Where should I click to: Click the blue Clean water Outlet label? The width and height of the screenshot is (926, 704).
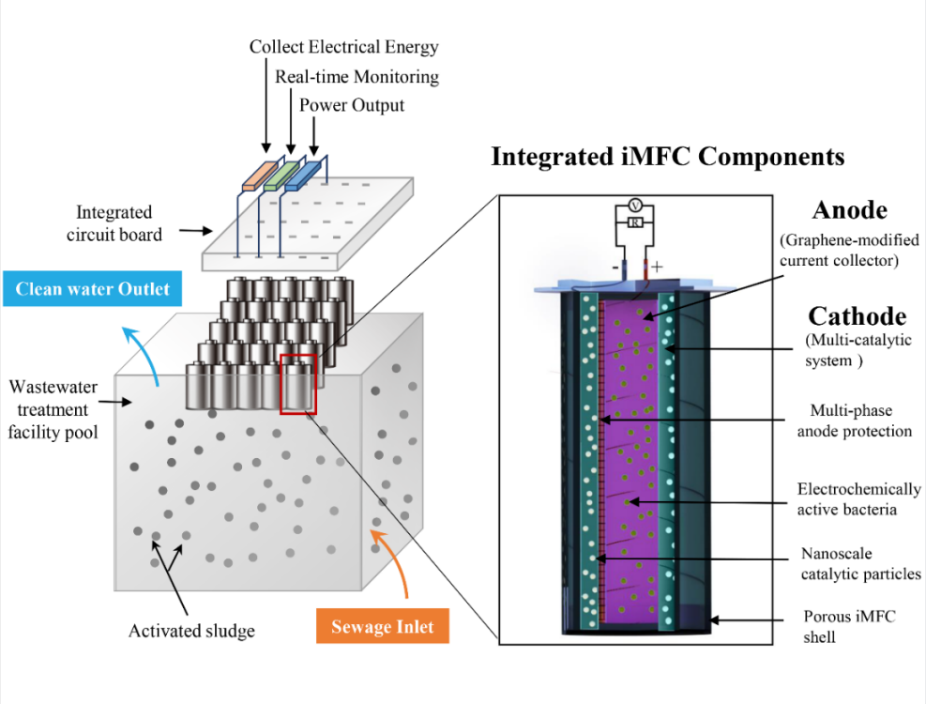92,288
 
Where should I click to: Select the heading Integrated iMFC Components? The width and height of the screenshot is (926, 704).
667,156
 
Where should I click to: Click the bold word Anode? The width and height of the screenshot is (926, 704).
850,209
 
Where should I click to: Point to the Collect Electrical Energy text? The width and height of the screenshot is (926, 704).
343,46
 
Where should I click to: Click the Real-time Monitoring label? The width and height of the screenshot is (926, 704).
357,76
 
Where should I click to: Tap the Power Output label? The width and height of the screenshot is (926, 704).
352,105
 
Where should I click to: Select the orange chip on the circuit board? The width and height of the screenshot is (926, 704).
256,177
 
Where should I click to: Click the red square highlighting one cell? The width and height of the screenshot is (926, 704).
298,383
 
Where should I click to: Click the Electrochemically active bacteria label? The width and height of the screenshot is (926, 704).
858,499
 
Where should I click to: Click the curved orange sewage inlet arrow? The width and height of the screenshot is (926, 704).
393,563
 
